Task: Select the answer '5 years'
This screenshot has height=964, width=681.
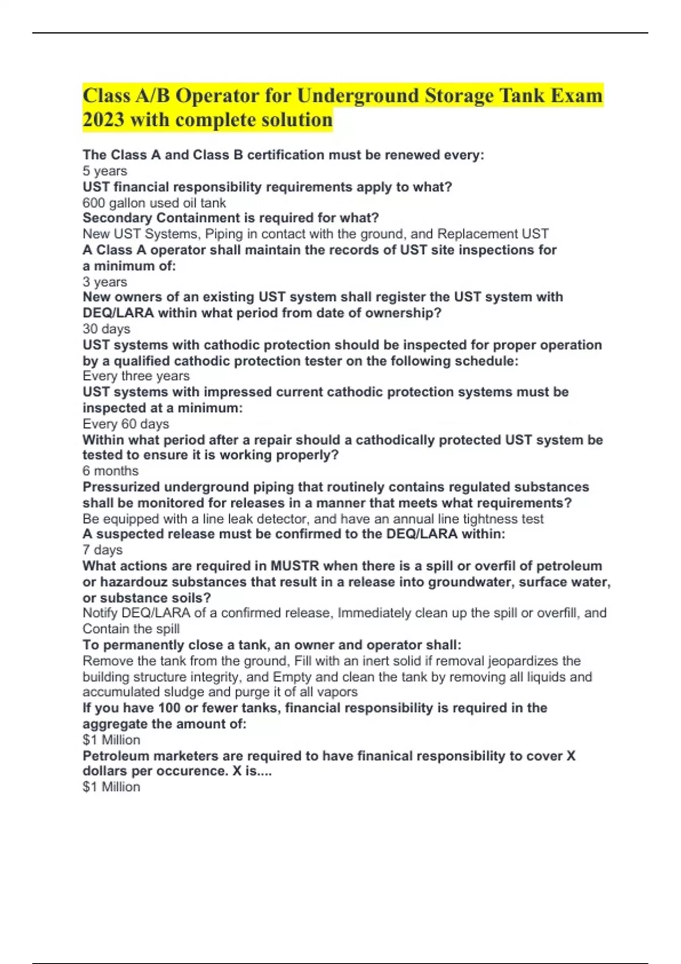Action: [104, 171]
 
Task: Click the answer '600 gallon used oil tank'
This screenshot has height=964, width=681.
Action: [154, 202]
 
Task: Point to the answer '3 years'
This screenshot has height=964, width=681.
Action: [104, 282]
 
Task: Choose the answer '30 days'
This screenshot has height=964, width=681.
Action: [106, 329]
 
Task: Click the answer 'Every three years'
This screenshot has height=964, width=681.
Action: [136, 376]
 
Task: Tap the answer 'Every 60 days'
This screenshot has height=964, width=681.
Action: [125, 424]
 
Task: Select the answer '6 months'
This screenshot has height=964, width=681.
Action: [110, 471]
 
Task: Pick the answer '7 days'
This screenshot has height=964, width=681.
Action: [102, 549]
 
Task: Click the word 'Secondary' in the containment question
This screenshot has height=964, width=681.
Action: [117, 218]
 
